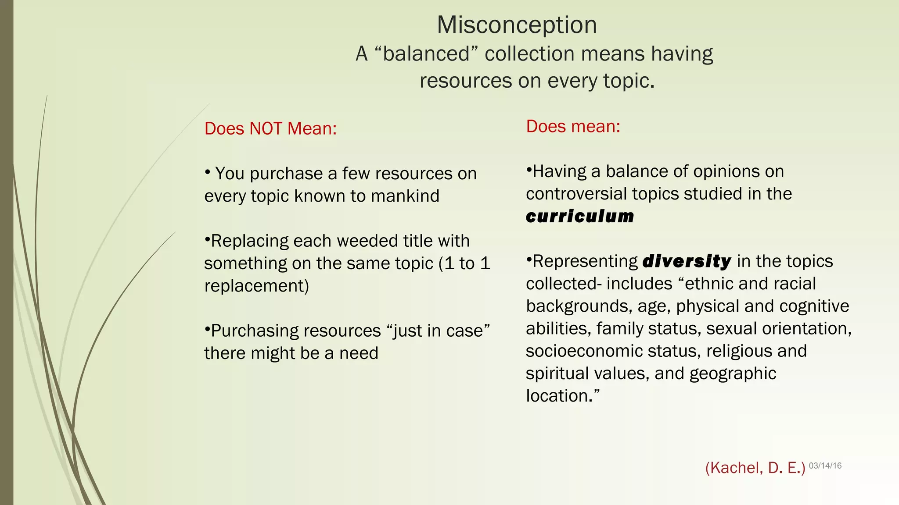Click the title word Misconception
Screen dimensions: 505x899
coord(517,25)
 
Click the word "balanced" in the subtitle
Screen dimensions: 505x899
coord(426,54)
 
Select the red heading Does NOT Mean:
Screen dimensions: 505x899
coord(270,128)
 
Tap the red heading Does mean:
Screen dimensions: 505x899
coord(573,126)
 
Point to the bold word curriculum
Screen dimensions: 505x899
coord(580,216)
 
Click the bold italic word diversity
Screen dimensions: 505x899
coord(687,261)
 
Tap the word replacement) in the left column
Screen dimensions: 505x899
coord(257,286)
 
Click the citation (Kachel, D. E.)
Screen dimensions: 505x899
coord(755,468)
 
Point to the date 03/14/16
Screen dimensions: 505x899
coord(825,466)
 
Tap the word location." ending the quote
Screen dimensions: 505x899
coord(563,396)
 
